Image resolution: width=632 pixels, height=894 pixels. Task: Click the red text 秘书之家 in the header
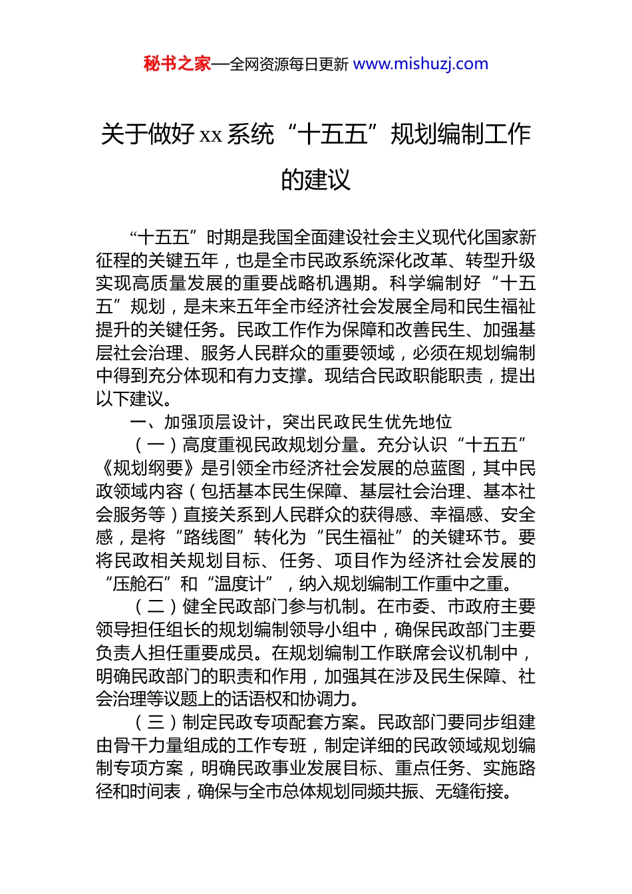point(177,64)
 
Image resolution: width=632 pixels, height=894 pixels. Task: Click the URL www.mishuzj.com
point(420,64)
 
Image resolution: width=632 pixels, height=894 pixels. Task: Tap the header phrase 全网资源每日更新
point(289,65)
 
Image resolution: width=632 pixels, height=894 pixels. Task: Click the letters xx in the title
point(210,135)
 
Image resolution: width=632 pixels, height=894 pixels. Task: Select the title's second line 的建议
point(315,179)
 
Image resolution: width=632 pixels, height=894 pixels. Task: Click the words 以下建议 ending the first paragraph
point(130,399)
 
